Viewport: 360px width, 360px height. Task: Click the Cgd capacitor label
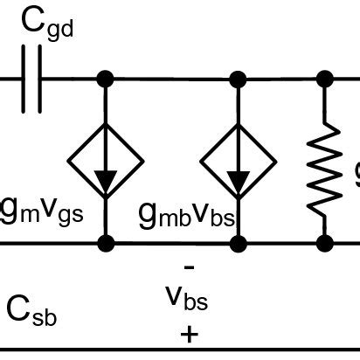[49, 26]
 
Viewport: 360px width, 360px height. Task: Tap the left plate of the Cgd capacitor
[25, 80]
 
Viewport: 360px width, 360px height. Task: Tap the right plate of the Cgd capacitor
[39, 80]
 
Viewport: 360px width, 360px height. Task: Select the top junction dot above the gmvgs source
[106, 80]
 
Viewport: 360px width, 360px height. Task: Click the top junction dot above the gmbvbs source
[236, 80]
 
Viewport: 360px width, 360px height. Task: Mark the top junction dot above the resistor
[326, 80]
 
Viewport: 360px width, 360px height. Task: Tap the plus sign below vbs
[189, 336]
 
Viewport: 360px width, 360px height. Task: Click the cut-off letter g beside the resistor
[356, 176]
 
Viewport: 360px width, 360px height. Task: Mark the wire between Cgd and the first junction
[72, 80]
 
